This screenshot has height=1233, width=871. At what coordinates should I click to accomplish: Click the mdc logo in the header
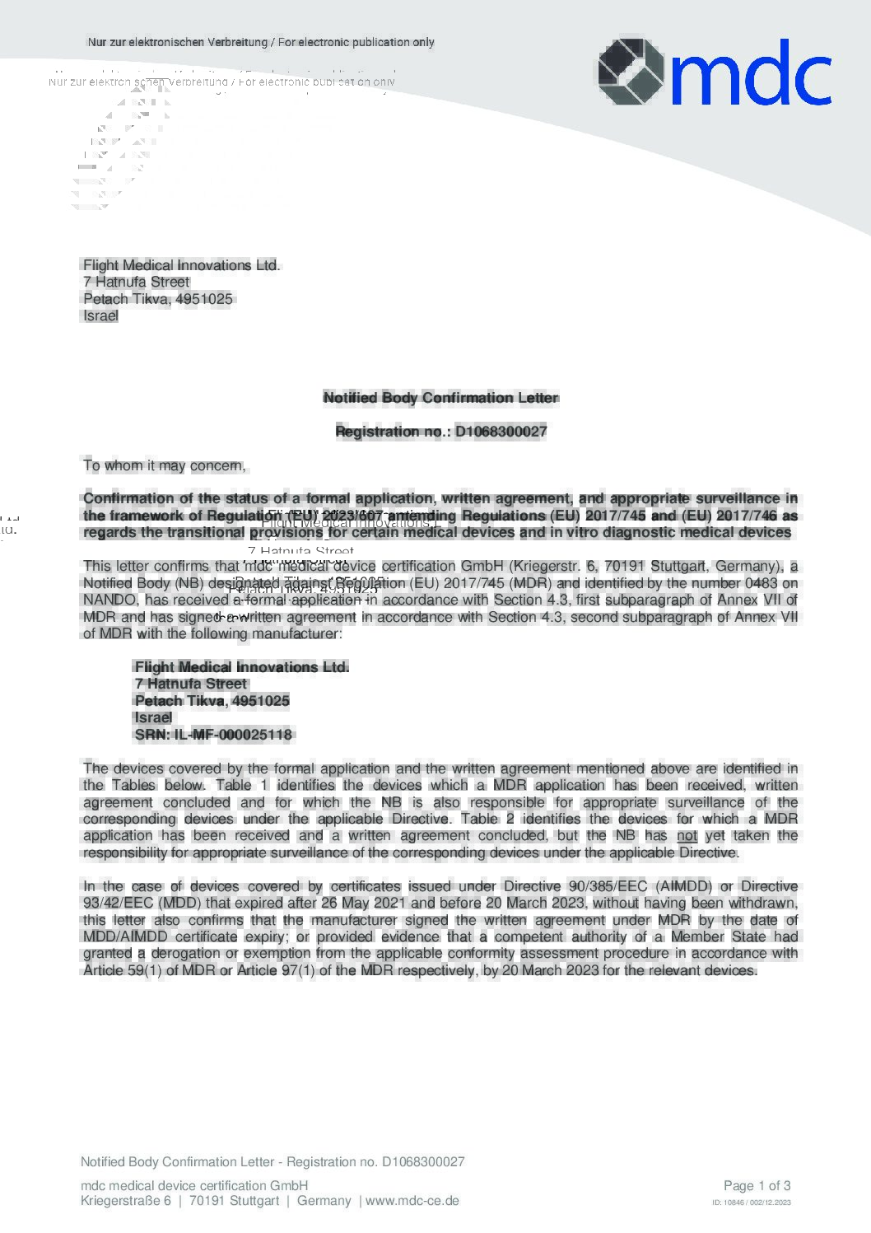click(713, 72)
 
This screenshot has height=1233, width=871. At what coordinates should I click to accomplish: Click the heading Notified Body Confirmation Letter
click(440, 398)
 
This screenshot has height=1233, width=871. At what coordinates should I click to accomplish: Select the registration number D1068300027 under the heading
click(501, 432)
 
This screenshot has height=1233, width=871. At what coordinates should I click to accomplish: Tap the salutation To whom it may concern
click(165, 466)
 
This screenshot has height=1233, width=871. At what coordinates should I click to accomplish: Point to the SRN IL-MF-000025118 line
click(213, 735)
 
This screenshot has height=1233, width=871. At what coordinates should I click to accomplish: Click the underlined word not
click(687, 836)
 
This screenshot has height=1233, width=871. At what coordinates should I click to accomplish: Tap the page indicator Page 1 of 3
click(757, 1186)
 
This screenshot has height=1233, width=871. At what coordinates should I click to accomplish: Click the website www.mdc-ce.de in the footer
click(412, 1201)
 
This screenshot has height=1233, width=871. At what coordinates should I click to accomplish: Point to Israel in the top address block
click(100, 316)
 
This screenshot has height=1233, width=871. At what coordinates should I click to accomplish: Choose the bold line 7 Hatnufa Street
click(190, 684)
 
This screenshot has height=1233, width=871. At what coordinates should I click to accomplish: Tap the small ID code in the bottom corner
click(751, 1203)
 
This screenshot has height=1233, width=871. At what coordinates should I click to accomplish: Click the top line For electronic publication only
click(356, 42)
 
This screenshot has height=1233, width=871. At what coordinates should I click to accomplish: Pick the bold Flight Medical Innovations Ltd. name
click(241, 667)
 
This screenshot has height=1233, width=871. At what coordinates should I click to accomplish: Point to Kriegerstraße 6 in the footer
click(126, 1201)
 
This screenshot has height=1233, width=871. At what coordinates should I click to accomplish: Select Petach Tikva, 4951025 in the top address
click(157, 299)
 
